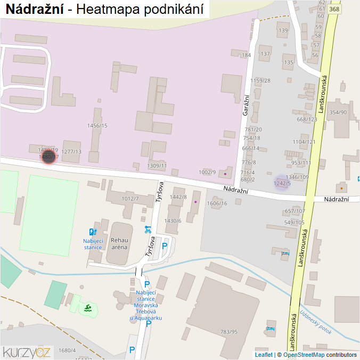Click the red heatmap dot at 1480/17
48,157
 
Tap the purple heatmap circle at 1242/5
282,183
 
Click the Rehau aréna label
119,243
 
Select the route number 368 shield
334,9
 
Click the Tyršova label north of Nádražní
159,192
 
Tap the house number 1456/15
97,126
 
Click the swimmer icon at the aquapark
88,308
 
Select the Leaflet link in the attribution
264,355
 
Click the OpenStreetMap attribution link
304,355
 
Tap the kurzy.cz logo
27,351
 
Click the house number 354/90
338,112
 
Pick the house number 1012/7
130,199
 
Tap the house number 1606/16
217,203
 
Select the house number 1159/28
260,80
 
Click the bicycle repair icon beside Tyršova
148,230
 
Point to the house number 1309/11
157,166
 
